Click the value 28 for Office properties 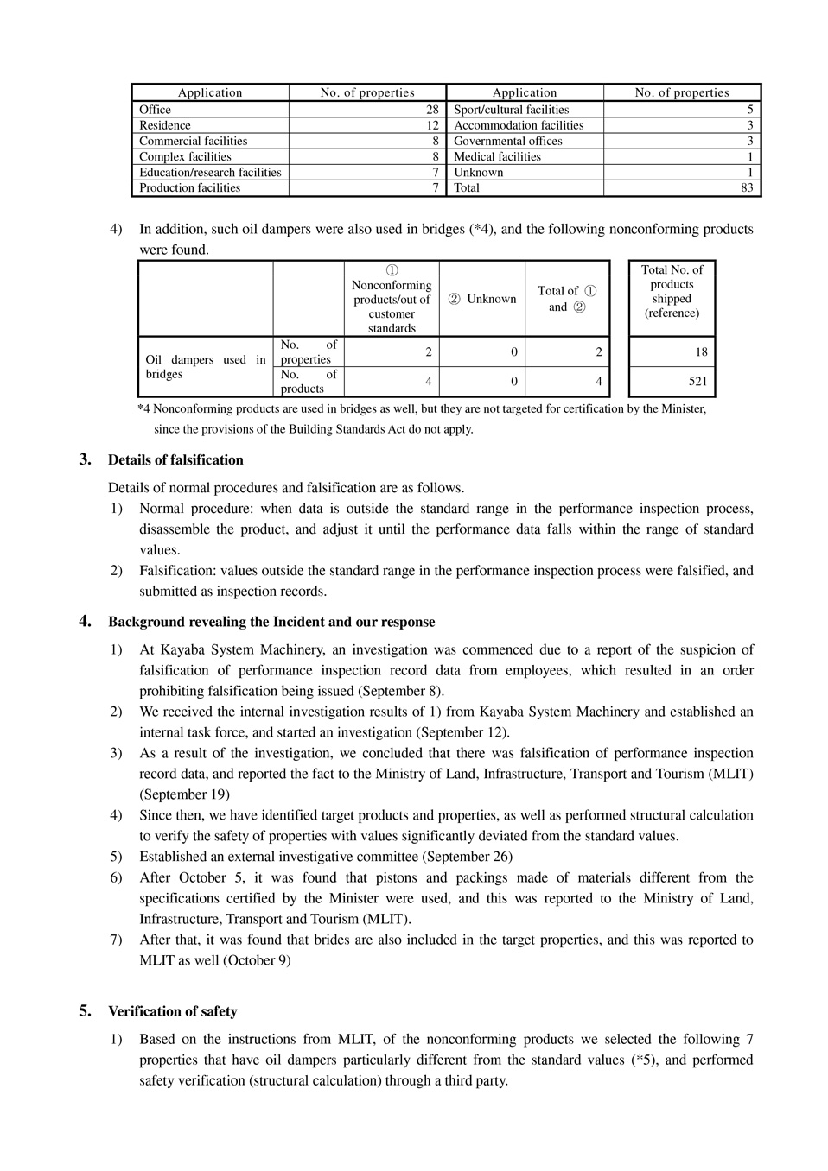(432, 110)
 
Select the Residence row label (165, 125)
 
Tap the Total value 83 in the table (747, 187)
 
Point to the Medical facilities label (497, 156)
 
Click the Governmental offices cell (507, 141)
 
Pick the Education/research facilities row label (210, 172)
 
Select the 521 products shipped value (697, 381)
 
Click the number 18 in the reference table (701, 351)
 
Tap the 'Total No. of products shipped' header (672, 291)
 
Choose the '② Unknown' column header (481, 299)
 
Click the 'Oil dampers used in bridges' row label (206, 366)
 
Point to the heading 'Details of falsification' (175, 460)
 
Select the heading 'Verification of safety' (172, 1011)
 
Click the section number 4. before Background (85, 621)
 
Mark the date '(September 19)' (185, 794)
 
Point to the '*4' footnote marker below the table (143, 409)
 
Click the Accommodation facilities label (519, 125)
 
